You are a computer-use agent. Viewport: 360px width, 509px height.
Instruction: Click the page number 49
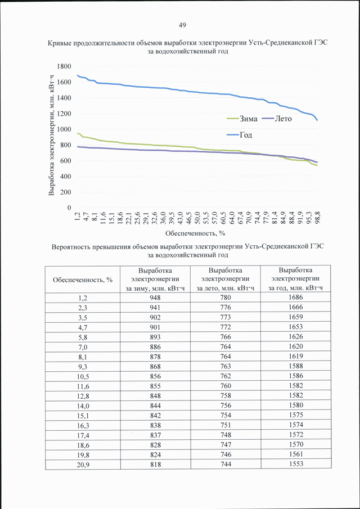pos(182,25)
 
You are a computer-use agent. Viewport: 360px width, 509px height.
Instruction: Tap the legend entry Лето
pos(277,119)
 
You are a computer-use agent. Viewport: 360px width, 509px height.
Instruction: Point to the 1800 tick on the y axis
pos(64,66)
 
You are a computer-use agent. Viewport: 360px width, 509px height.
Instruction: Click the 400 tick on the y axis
pos(66,177)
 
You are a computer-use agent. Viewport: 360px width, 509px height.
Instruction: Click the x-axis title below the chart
pos(195,233)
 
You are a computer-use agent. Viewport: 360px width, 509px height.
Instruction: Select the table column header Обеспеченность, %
pos(83,280)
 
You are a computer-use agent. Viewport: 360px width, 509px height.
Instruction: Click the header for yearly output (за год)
pos(296,279)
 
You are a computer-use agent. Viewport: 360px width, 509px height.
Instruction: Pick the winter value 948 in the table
pos(155,298)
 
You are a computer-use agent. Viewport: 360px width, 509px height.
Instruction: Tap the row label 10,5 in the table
pos(83,376)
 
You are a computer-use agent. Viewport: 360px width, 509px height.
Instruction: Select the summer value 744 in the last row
pos(226,465)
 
